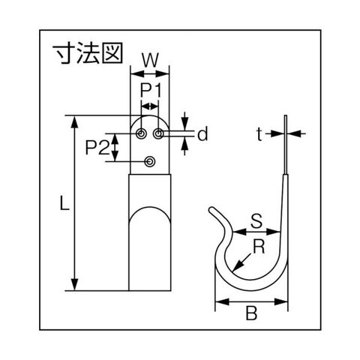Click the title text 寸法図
[x=88, y=53]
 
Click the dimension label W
[x=151, y=60]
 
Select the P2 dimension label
[x=97, y=148]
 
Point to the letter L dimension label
[x=64, y=202]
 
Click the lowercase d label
[x=202, y=134]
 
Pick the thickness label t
[x=259, y=134]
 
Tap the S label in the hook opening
[x=256, y=221]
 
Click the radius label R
[x=259, y=247]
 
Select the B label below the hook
[x=251, y=313]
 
